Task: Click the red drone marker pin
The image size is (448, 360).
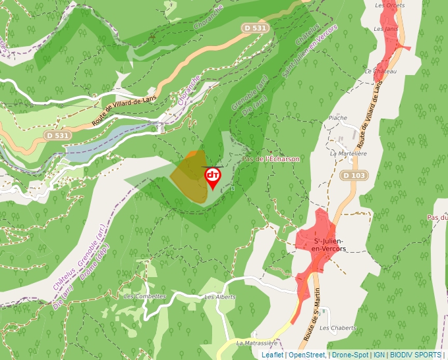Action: [213, 176]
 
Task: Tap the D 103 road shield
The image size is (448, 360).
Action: [354, 175]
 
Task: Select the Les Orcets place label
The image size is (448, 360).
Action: [390, 5]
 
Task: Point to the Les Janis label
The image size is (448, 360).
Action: [386, 29]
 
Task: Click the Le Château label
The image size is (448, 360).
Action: [384, 71]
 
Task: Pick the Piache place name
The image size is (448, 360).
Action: [337, 118]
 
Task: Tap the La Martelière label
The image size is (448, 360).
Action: [349, 153]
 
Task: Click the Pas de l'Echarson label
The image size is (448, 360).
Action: [271, 159]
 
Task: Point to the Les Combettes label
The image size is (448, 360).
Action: [145, 296]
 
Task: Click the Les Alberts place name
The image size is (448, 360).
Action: [220, 297]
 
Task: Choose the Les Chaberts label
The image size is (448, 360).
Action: [337, 328]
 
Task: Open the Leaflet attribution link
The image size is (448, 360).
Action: [272, 355]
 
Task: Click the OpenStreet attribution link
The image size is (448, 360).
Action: [307, 355]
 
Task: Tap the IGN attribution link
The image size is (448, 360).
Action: [379, 355]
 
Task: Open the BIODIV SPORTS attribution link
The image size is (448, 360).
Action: [416, 355]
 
